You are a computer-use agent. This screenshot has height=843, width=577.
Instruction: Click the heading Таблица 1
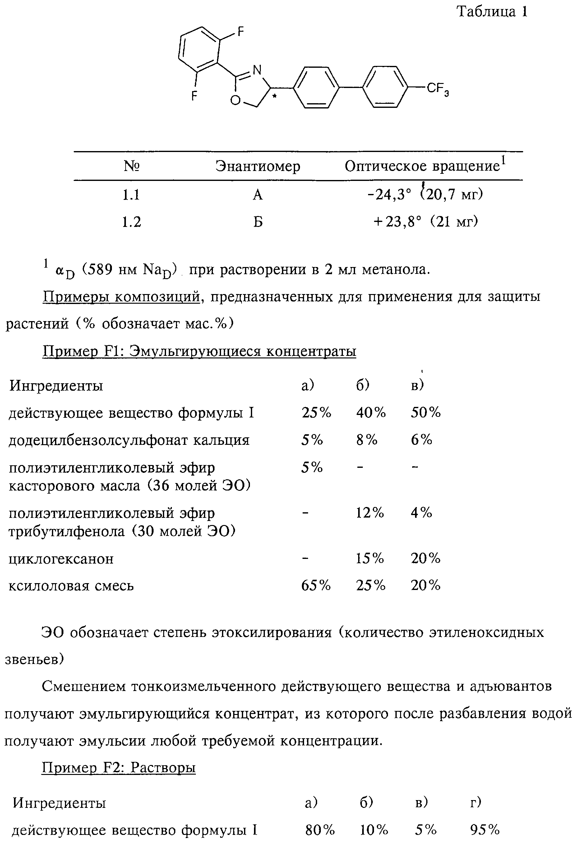[492, 12]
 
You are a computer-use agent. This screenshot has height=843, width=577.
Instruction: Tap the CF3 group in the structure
[438, 89]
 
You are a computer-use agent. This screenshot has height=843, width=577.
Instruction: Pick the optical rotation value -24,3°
[389, 195]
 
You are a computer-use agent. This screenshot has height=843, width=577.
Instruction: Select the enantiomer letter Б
[258, 221]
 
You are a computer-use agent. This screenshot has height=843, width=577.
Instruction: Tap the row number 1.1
[131, 195]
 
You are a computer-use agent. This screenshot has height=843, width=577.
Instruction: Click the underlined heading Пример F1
[199, 351]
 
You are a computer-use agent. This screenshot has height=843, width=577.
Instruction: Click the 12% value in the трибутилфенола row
[370, 513]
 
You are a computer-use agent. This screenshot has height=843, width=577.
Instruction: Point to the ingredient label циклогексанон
[61, 559]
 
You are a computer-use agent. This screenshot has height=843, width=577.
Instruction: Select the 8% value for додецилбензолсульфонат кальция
[367, 440]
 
